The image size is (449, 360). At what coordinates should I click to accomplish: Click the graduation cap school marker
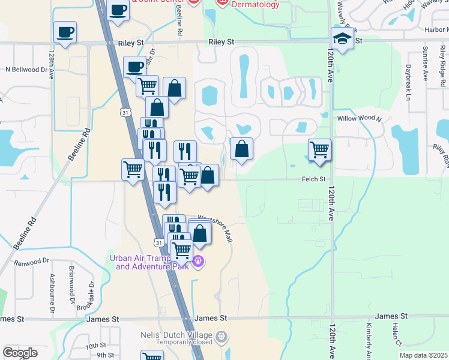pyautogui.click(x=342, y=40)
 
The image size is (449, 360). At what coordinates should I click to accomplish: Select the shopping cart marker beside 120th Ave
pyautogui.click(x=319, y=150)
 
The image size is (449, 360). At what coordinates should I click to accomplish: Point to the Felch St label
pyautogui.click(x=313, y=179)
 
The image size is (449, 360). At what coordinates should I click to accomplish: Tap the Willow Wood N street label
pyautogui.click(x=359, y=119)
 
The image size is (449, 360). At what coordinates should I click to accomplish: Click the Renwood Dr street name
pyautogui.click(x=31, y=262)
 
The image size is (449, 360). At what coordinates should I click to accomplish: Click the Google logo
pyautogui.click(x=20, y=352)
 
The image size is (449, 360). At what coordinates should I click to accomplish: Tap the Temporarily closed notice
pyautogui.click(x=186, y=343)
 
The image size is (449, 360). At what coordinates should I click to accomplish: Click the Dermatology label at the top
pyautogui.click(x=256, y=5)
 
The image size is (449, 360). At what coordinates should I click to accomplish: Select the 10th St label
pyautogui.click(x=95, y=346)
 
